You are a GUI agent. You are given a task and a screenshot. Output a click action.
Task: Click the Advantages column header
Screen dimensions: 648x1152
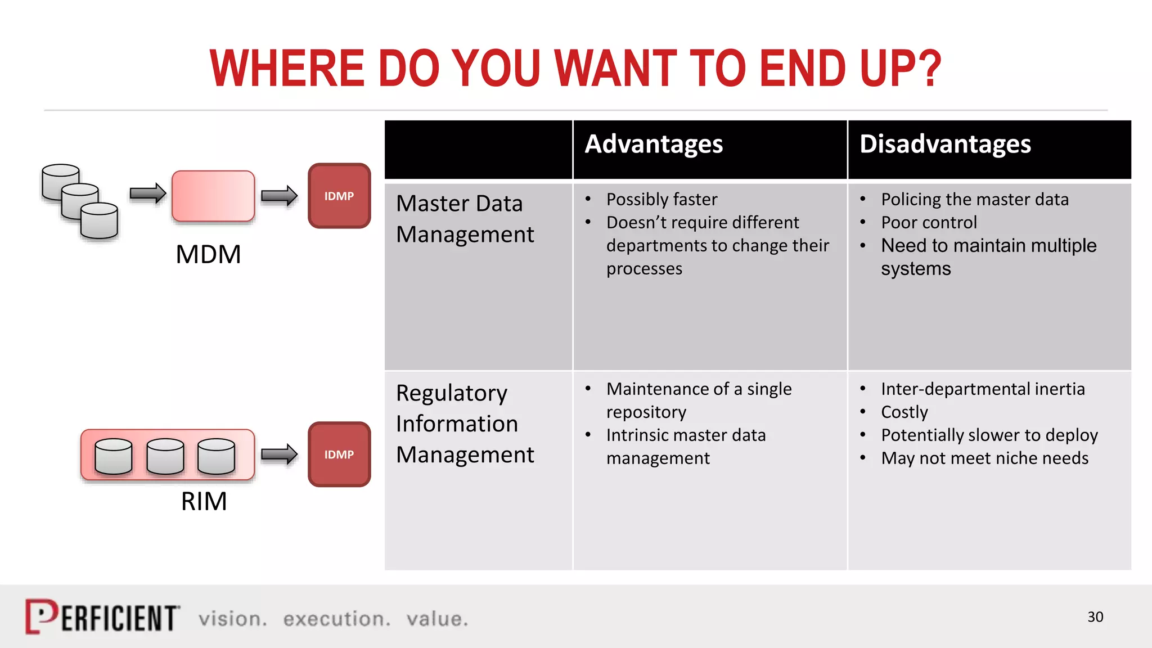click(654, 144)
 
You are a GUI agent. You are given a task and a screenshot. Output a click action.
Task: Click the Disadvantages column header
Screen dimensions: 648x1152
click(945, 144)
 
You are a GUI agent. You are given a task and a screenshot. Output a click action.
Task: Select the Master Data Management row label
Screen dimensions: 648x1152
click(465, 219)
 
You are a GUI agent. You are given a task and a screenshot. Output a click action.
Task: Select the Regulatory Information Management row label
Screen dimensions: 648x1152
click(465, 424)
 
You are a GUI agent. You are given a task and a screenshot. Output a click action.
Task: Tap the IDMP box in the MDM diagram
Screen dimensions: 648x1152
click(339, 196)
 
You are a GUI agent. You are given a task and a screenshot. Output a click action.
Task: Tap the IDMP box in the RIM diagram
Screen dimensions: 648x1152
click(339, 454)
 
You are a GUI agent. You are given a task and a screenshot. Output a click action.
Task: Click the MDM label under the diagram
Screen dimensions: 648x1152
click(208, 254)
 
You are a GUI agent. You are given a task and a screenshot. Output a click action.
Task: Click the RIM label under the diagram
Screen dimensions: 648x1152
click(204, 501)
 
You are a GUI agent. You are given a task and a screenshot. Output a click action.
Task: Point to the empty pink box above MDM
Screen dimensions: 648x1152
click(213, 196)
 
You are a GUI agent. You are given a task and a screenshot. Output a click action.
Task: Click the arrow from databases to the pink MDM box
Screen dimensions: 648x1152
click(147, 193)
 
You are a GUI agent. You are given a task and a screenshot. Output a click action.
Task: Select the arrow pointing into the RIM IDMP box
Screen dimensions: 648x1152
click(279, 454)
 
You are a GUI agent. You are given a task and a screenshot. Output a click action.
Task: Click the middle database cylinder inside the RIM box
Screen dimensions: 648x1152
click(165, 456)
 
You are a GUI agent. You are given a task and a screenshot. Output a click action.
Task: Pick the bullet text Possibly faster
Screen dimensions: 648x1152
click(661, 199)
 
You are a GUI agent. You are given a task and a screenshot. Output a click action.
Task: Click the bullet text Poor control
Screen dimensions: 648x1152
click(929, 222)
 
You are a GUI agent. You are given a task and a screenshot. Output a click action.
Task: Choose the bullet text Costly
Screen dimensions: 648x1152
click(904, 412)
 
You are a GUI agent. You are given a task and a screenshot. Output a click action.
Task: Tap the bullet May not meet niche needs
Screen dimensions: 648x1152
click(984, 458)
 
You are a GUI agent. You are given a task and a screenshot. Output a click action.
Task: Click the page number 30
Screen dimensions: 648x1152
click(1095, 617)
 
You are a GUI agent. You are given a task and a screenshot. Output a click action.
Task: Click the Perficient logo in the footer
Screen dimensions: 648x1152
click(102, 617)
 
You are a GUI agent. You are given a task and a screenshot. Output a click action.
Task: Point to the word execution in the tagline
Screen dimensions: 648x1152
click(336, 619)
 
